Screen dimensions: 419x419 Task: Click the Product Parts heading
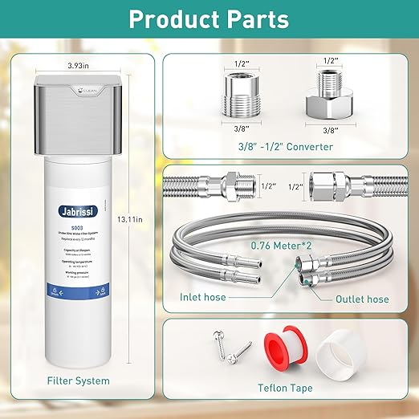click(x=209, y=19)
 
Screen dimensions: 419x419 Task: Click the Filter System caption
click(x=78, y=380)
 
